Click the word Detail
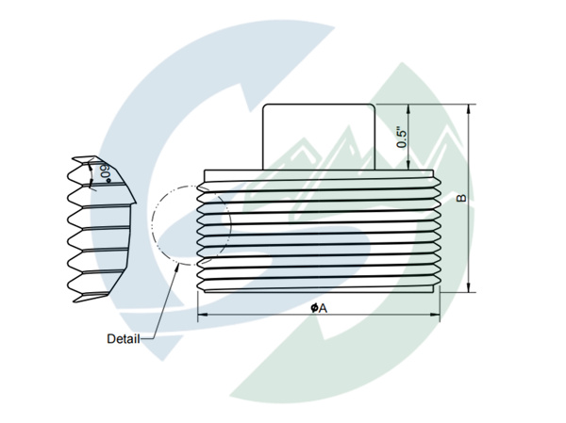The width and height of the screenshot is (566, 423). [123, 338]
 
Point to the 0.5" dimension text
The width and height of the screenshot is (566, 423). [403, 138]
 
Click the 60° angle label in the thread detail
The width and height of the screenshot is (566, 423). [102, 172]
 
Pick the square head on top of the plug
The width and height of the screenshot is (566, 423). [319, 136]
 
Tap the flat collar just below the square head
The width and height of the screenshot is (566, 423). [320, 174]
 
